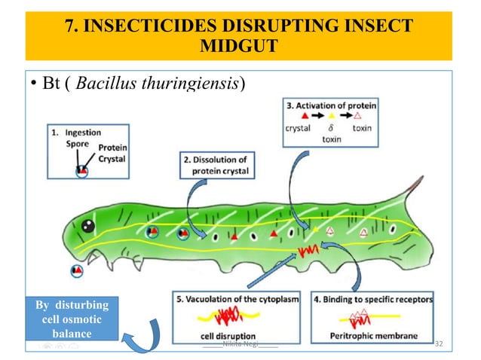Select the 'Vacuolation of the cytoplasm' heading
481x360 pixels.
pyautogui.click(x=237, y=298)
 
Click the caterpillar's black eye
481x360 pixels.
pyautogui.click(x=88, y=224)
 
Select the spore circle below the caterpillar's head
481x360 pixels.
pyautogui.click(x=77, y=270)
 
